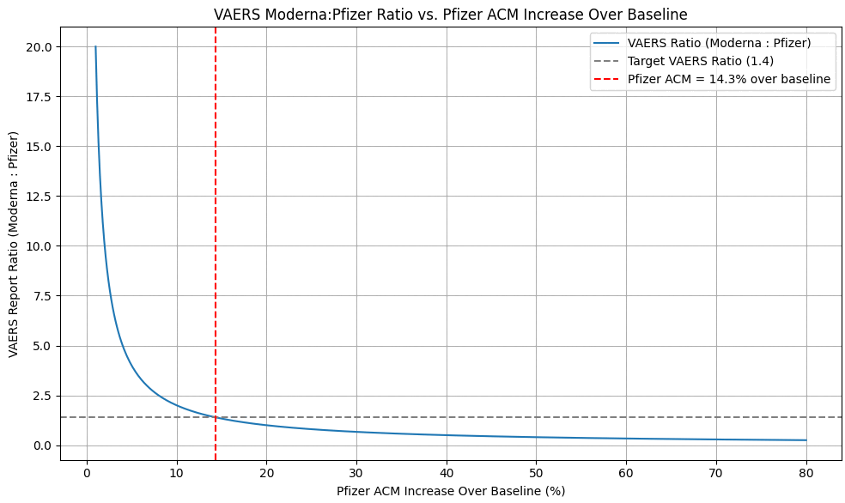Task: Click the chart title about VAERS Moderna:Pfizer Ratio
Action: [x=450, y=15]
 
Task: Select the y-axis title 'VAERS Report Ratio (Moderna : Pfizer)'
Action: [x=14, y=245]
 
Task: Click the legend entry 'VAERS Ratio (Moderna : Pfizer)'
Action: [x=719, y=43]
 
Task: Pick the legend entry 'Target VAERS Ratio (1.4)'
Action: [x=701, y=61]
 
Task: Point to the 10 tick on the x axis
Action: [x=176, y=471]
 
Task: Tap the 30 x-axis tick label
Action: [x=356, y=471]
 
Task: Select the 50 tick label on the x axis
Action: [x=536, y=471]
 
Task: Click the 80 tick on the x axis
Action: [x=805, y=471]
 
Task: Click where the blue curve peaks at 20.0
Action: [x=95, y=46]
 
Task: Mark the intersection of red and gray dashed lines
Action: [x=215, y=417]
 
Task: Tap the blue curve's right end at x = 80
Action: [x=805, y=440]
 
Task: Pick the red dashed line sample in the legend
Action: [x=606, y=79]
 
